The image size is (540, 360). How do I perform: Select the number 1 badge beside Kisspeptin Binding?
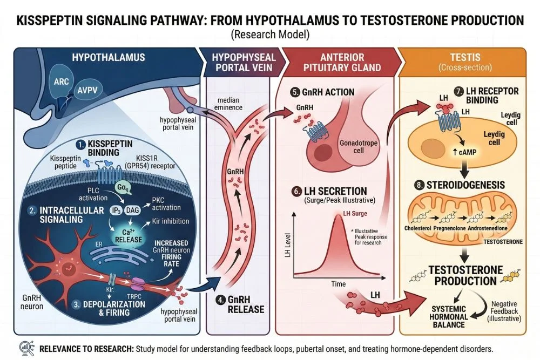[79, 144]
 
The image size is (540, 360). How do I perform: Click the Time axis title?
[339, 283]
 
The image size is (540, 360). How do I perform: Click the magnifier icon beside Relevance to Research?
[24, 348]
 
